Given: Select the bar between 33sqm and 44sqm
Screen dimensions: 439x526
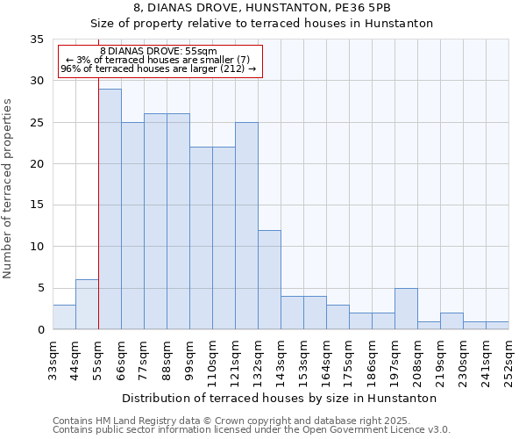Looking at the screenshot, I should tap(64, 317).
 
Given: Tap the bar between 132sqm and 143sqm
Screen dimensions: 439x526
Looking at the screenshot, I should tap(269, 279).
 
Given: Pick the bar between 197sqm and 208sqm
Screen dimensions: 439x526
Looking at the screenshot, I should tap(406, 308).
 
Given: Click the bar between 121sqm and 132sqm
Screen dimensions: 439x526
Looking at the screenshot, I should tap(246, 226).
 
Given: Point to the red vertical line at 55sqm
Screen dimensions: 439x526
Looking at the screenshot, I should tap(98, 219).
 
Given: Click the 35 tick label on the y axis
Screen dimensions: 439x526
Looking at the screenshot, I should tap(36, 40).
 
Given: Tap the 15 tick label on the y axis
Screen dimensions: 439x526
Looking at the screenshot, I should tap(36, 205).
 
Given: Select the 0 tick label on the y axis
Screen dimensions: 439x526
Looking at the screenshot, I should tap(39, 330).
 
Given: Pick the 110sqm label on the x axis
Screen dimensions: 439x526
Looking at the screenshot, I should tap(213, 361).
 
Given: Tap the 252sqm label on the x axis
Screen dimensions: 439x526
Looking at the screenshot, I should tap(509, 361).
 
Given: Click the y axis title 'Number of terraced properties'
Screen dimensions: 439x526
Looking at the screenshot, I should tap(9, 188).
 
